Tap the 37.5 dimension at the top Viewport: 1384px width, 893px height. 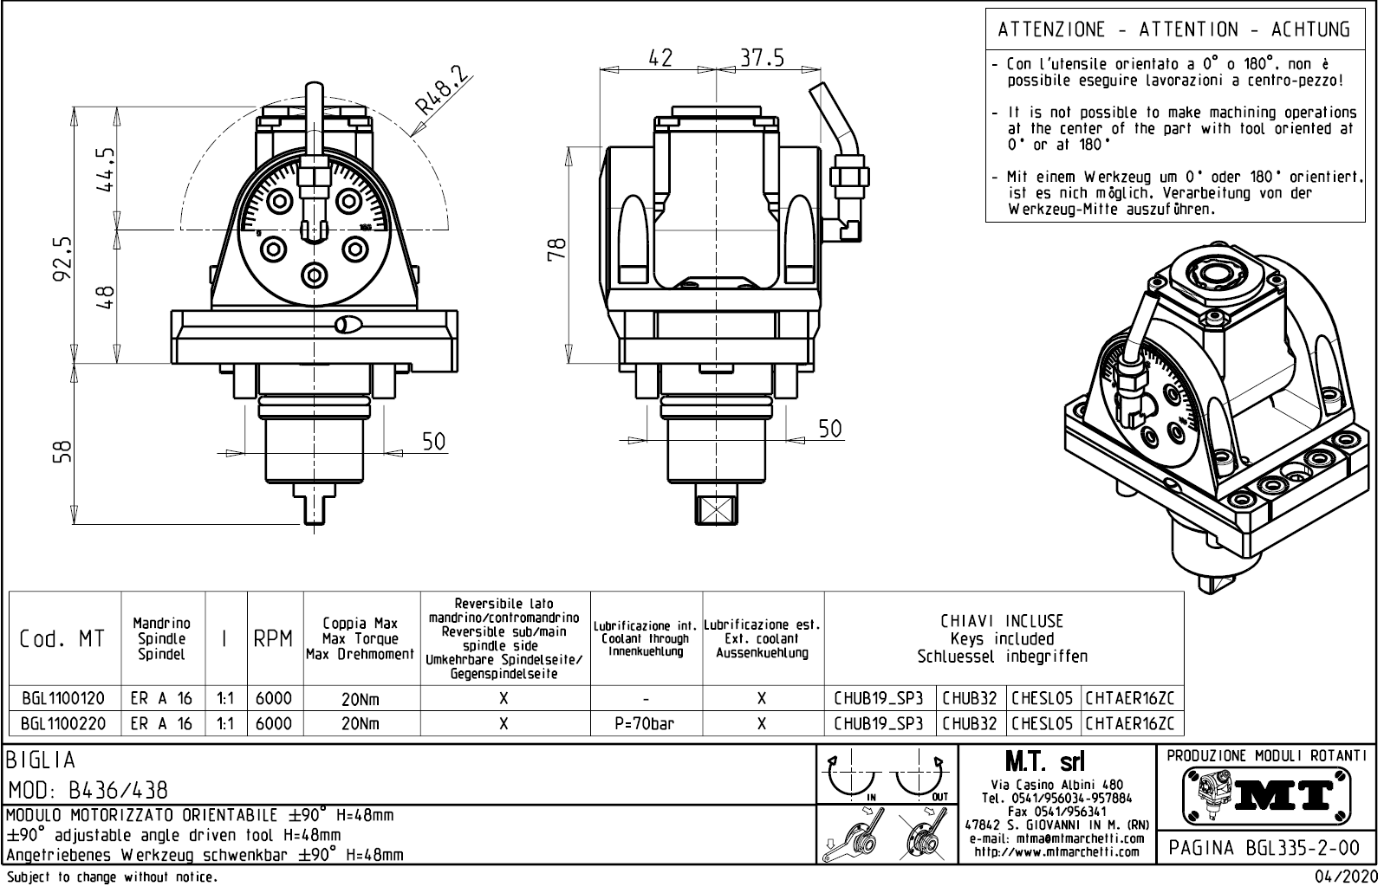coord(762,58)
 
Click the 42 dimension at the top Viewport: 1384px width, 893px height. coord(660,58)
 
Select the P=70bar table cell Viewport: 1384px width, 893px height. coord(646,723)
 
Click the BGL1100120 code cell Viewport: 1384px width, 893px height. coord(62,699)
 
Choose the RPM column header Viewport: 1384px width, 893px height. coord(275,640)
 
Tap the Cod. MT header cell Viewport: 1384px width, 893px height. coord(62,640)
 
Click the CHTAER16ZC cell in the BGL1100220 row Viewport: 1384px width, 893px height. coord(1130,723)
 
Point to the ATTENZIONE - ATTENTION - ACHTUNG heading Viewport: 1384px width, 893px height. coord(1174,29)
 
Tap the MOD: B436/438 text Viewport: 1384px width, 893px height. coord(88,791)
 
